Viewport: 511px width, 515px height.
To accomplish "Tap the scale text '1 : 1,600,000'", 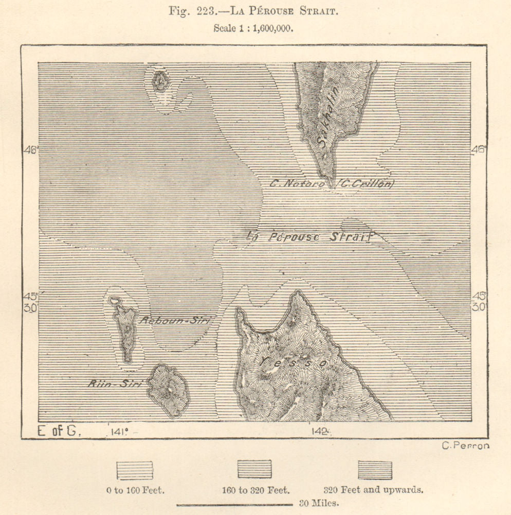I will tap(265, 29).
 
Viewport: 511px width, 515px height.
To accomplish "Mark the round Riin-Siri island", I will tap(168, 389).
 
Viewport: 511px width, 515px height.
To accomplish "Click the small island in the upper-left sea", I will tap(160, 81).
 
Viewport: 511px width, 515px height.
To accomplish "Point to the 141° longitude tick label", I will tap(118, 432).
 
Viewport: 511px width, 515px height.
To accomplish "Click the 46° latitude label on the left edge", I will tap(30, 150).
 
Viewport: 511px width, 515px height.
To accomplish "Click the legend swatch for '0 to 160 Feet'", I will tap(135, 470).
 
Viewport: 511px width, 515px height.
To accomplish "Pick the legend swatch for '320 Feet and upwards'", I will tap(374, 470).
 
